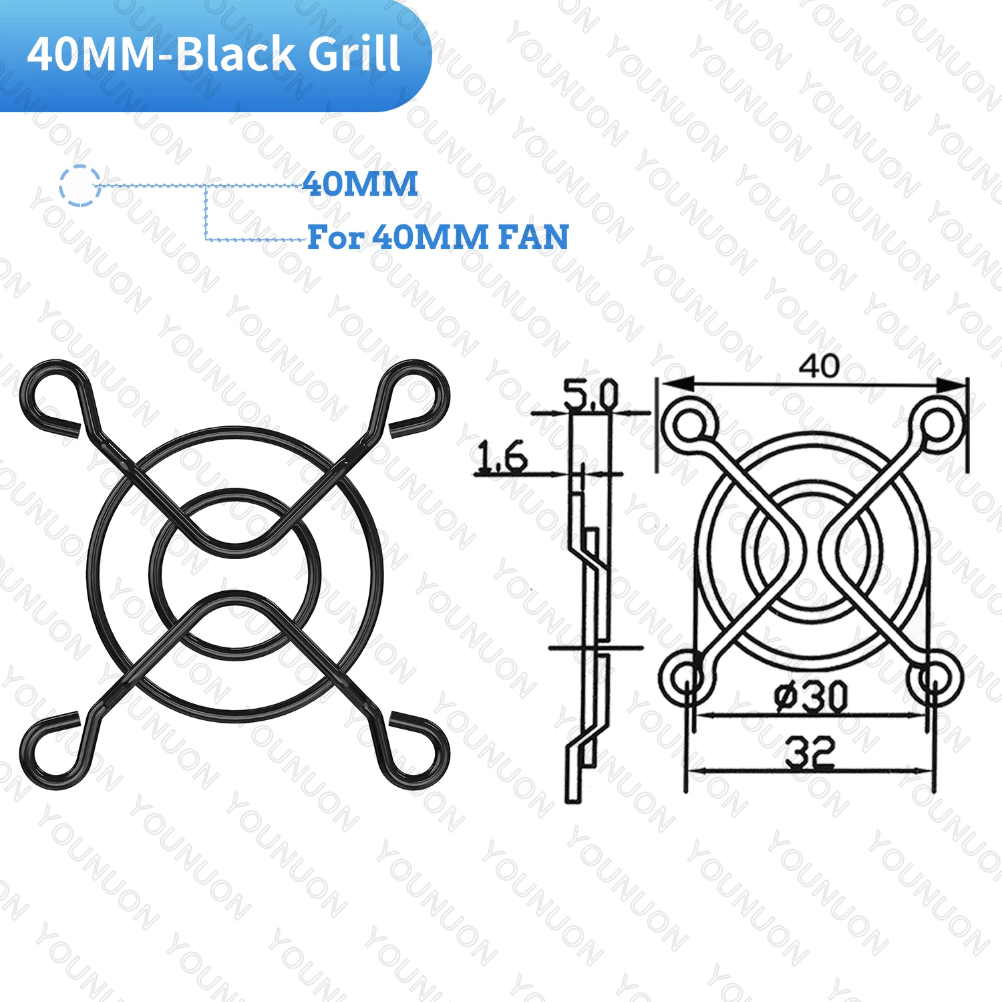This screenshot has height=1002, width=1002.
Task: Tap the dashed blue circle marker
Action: (x=79, y=185)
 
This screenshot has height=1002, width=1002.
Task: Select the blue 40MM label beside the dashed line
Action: (x=360, y=184)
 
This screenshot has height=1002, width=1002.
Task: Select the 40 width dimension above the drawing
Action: (x=819, y=365)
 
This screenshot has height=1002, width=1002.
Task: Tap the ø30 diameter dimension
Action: (x=811, y=697)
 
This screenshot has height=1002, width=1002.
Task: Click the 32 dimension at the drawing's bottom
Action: (x=809, y=752)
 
